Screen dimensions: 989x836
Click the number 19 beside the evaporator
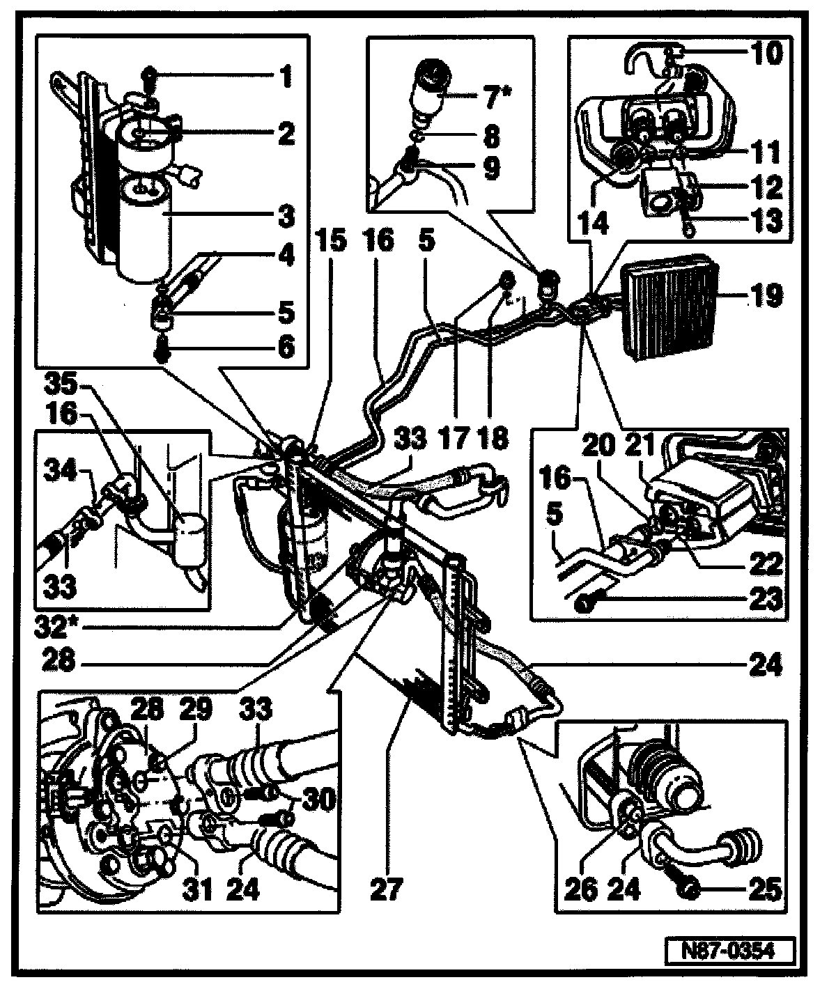[x=765, y=298]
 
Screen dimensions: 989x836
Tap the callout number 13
[x=765, y=221]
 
